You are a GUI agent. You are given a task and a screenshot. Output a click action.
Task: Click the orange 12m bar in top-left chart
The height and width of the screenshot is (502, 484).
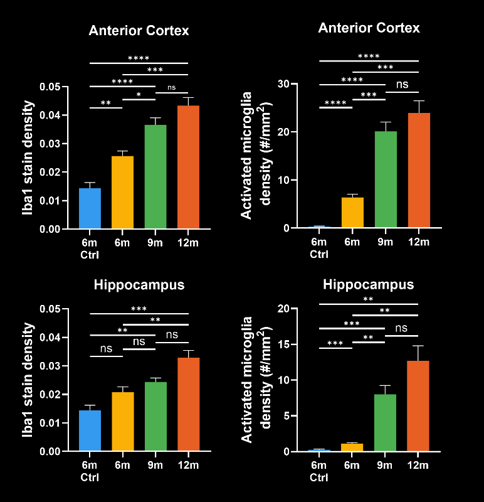[188, 167]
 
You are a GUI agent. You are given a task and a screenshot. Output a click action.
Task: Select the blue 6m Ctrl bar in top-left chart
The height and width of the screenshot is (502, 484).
[90, 208]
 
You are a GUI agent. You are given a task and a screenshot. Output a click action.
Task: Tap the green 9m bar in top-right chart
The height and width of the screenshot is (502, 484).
[385, 179]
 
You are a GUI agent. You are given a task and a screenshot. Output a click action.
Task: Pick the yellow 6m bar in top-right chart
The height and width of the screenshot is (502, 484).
[352, 213]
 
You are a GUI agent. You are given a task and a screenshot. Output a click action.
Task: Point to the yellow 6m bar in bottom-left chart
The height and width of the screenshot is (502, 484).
[123, 421]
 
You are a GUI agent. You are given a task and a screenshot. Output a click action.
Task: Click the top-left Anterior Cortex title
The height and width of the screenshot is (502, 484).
[139, 31]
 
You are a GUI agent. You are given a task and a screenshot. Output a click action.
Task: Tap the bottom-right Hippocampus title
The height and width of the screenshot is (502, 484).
[369, 285]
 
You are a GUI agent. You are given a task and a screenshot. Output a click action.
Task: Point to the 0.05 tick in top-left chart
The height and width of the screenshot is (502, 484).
[50, 87]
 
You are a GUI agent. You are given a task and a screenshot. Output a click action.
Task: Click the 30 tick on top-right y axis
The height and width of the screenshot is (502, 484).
[284, 84]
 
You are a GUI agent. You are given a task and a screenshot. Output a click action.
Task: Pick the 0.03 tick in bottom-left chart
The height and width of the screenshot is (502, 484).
[50, 366]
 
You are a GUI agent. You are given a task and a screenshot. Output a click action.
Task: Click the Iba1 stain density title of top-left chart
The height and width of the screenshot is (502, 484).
[29, 158]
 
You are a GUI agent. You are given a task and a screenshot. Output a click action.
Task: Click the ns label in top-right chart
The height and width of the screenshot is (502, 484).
[402, 84]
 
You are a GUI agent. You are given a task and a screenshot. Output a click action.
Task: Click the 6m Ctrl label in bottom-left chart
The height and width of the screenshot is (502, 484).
[90, 471]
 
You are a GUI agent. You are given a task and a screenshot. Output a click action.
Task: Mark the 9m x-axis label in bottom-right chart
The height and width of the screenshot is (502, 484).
[385, 466]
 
